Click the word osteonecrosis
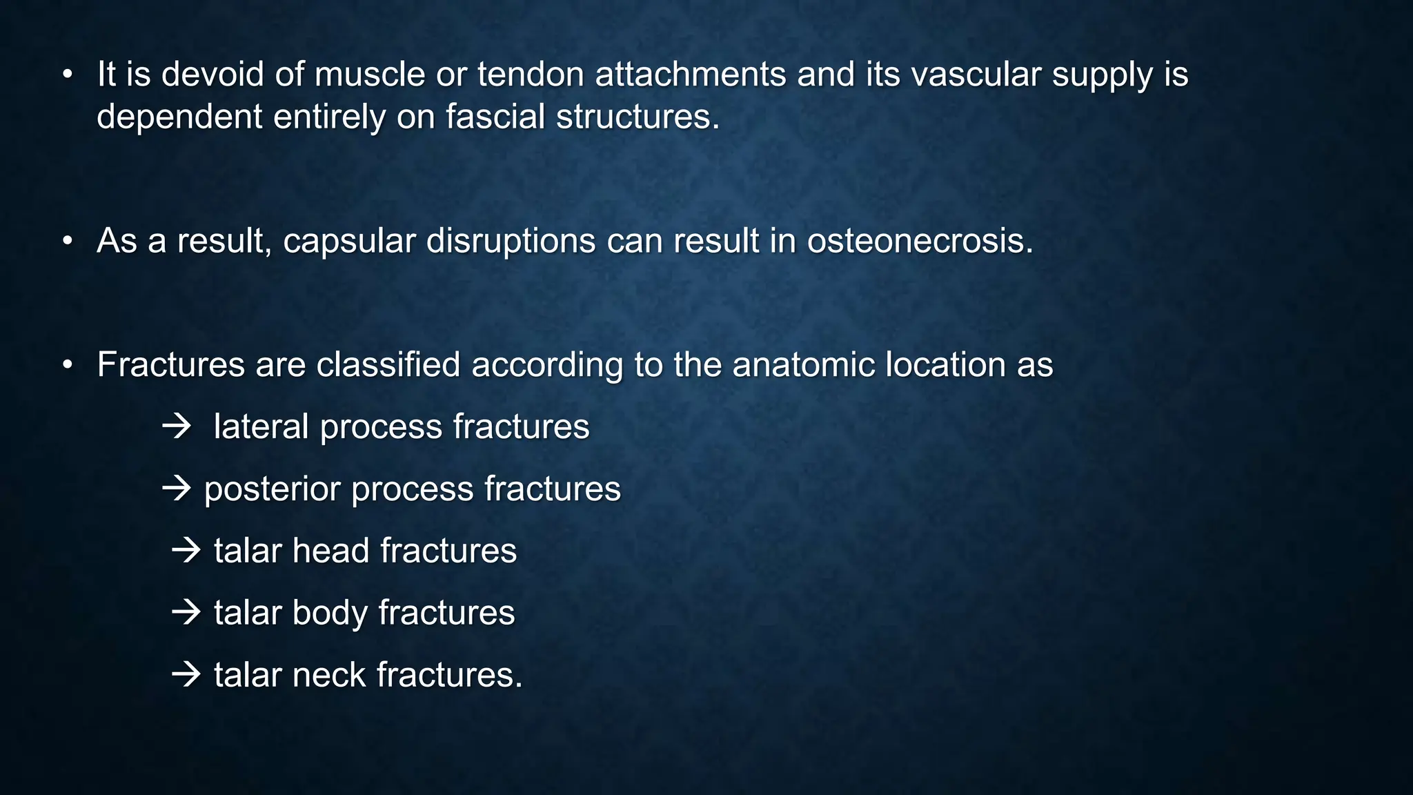coord(920,241)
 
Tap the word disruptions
coord(511,241)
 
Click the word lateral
coord(261,426)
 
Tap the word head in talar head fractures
coord(330,551)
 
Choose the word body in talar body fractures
coord(330,613)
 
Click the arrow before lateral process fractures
coord(177,426)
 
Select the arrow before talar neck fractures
coord(186,674)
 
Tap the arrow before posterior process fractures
coord(177,489)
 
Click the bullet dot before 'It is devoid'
coord(67,75)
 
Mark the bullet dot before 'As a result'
coord(67,241)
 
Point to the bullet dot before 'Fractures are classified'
coord(67,364)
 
